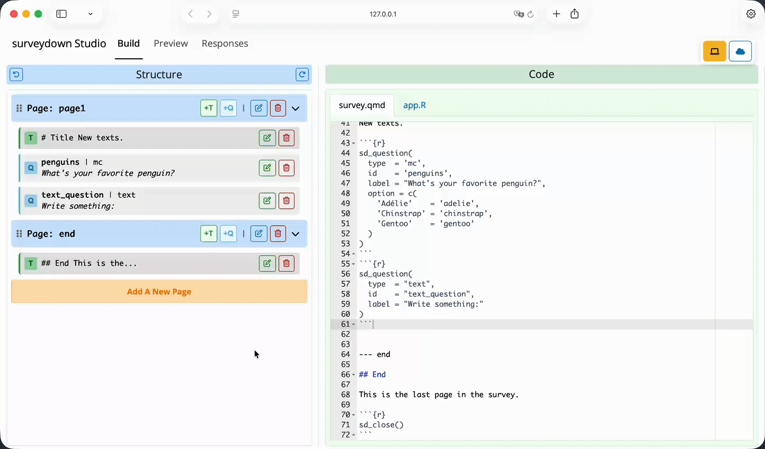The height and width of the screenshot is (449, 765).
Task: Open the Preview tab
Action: pos(171,43)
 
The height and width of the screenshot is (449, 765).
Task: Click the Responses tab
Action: pos(225,43)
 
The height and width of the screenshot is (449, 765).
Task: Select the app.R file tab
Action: pos(414,105)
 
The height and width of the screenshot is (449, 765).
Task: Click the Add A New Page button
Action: pos(159,292)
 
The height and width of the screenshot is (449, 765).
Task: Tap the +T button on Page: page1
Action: pos(209,108)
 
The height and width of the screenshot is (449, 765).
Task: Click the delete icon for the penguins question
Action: pos(286,168)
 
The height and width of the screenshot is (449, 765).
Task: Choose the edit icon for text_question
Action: pos(267,201)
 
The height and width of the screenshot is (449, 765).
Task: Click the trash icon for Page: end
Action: pos(278,234)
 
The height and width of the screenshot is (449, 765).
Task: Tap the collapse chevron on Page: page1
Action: pos(296,109)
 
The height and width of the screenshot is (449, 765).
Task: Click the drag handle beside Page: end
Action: pos(19,234)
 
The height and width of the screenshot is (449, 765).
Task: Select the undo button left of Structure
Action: pos(16,75)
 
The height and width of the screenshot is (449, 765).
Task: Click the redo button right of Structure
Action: pos(302,75)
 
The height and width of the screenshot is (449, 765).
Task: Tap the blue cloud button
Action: pos(740,51)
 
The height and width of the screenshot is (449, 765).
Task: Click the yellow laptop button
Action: pos(715,51)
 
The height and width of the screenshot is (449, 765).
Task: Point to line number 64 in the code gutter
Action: pos(345,354)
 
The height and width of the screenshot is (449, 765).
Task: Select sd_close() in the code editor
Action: pos(381,425)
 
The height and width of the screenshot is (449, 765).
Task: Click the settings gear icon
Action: pos(751,14)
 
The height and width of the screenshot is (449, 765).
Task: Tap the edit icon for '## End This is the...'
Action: pos(267,263)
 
